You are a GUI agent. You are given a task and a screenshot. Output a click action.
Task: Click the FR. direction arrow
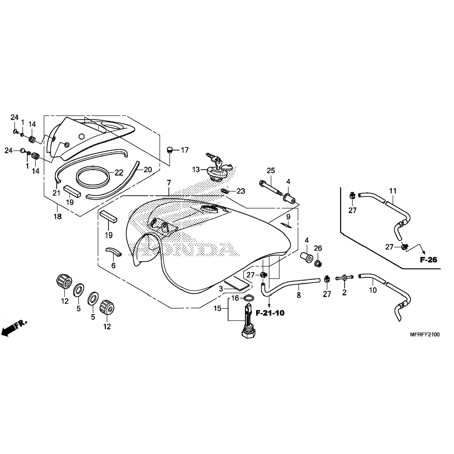click(14, 327)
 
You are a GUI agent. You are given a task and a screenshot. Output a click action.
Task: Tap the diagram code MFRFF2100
click(425, 334)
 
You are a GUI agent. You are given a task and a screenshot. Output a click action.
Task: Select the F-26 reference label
click(429, 259)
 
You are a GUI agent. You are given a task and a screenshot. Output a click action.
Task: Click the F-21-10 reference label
click(270, 313)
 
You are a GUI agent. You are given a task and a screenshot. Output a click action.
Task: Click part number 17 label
click(185, 150)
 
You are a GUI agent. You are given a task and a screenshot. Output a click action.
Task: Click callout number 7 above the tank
click(169, 183)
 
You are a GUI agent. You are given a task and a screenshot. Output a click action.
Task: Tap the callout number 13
click(196, 169)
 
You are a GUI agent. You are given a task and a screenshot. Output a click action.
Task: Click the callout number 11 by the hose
click(393, 191)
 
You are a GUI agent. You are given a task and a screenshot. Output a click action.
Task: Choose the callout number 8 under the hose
click(299, 295)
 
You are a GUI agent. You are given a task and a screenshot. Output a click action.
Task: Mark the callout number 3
click(221, 289)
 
